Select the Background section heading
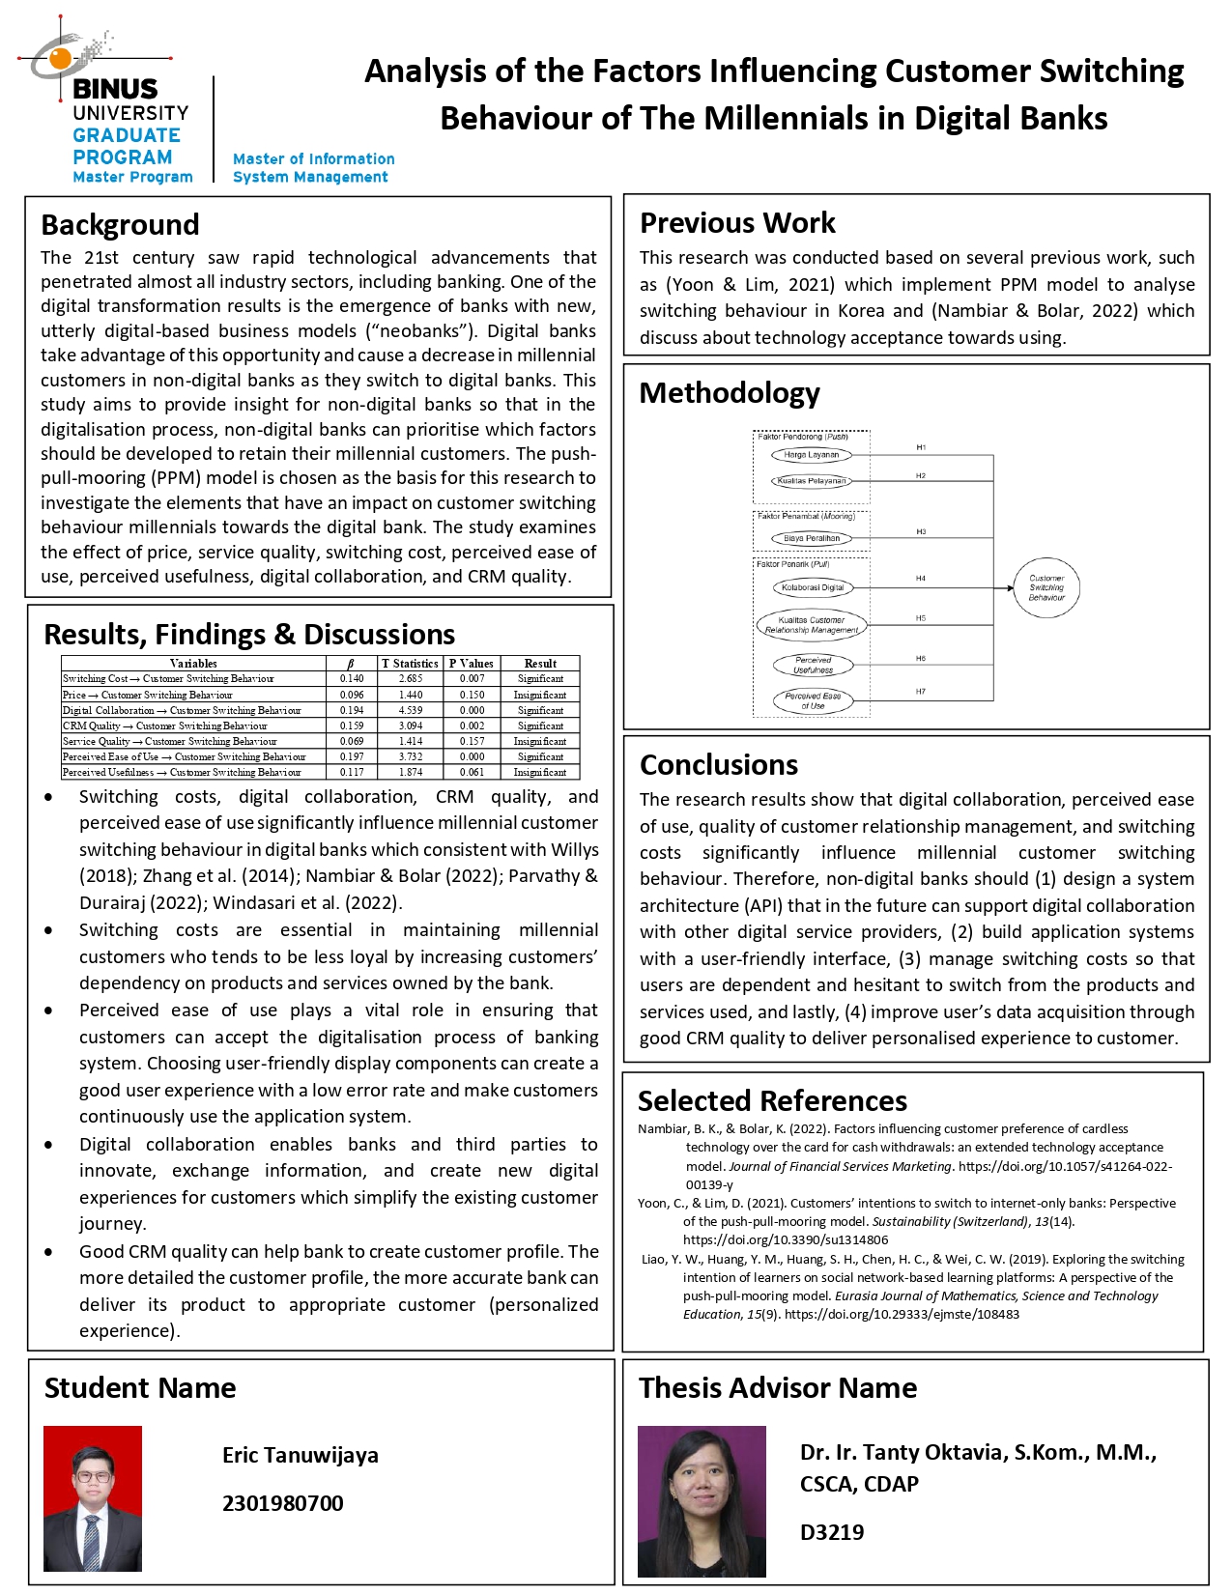(120, 225)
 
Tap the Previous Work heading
(737, 223)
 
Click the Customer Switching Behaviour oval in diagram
(1046, 588)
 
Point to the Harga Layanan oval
(812, 455)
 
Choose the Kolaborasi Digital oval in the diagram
(813, 587)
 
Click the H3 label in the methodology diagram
(921, 532)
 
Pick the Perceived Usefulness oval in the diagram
(813, 666)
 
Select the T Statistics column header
(411, 664)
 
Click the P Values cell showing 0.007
(472, 679)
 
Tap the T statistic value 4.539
(411, 710)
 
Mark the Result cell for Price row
(540, 695)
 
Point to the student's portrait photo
(93, 1498)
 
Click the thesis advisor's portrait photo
(702, 1501)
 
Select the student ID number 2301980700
(283, 1503)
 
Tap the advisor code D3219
(832, 1532)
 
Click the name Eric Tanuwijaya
(301, 1455)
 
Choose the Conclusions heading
(719, 765)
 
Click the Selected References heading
(772, 1101)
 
